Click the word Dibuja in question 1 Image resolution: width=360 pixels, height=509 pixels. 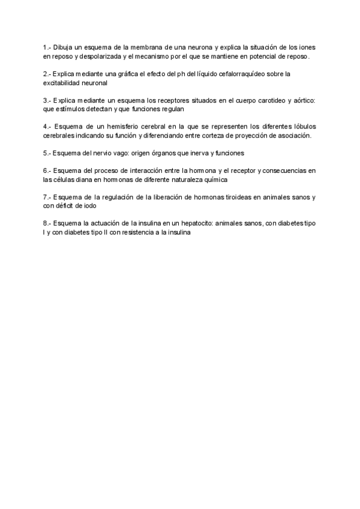[62, 46]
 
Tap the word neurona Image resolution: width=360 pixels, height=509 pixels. [194, 46]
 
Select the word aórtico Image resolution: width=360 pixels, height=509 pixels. [305, 101]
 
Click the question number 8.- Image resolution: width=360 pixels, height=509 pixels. [47, 224]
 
